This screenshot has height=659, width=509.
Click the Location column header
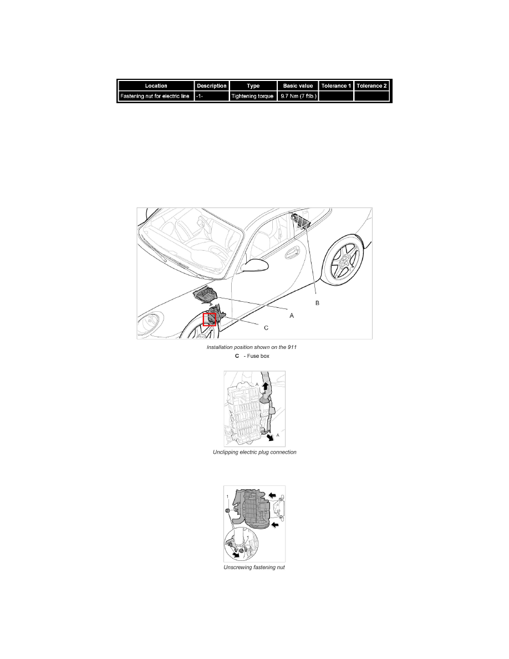click(x=156, y=86)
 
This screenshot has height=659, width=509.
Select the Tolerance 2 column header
click(x=371, y=86)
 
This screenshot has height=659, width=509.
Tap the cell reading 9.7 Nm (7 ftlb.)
click(x=298, y=97)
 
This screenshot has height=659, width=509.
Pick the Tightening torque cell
click(x=253, y=97)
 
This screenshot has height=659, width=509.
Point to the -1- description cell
click(x=212, y=97)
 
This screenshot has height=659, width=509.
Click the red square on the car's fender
click(x=210, y=320)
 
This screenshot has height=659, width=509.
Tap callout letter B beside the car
click(x=318, y=303)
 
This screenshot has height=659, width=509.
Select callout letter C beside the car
click(x=266, y=328)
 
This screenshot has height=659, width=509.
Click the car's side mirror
click(x=254, y=266)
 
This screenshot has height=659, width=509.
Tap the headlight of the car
click(x=149, y=322)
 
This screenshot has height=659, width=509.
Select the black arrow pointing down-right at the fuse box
click(x=269, y=438)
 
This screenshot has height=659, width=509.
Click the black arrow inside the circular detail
click(x=237, y=555)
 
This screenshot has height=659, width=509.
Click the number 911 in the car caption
click(x=292, y=347)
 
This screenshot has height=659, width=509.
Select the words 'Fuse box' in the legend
click(x=258, y=356)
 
